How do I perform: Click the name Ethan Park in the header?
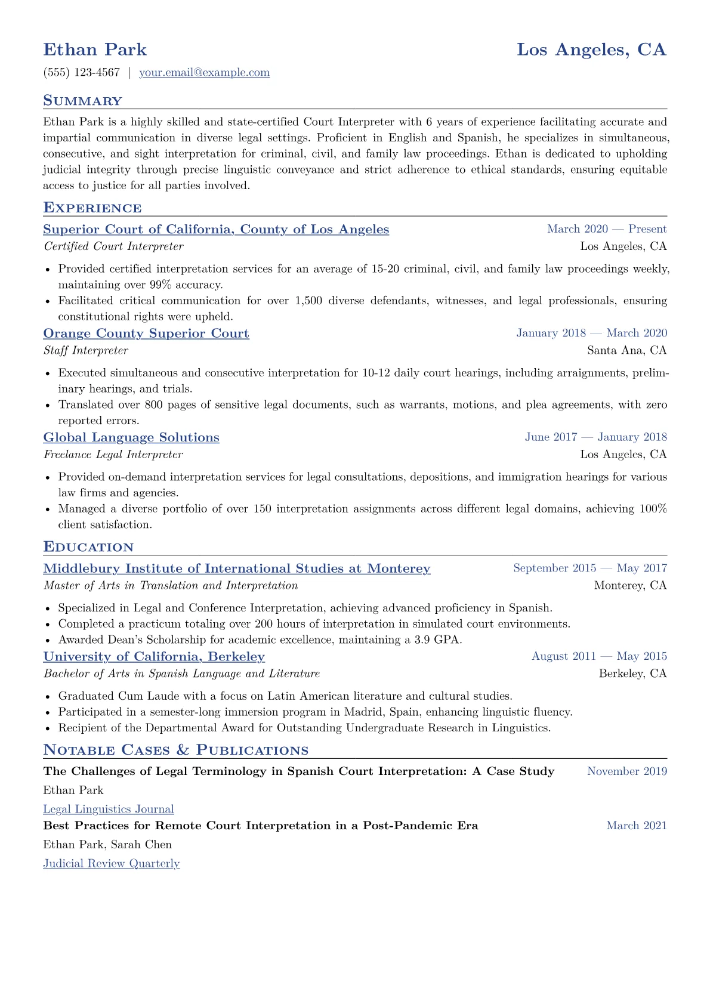click(x=95, y=50)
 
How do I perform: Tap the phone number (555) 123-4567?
click(x=82, y=73)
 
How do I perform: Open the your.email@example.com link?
click(x=204, y=73)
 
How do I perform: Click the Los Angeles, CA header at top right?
click(x=591, y=50)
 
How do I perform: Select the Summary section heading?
click(x=82, y=101)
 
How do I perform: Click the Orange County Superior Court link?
click(x=146, y=333)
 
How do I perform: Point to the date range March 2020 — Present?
click(x=607, y=229)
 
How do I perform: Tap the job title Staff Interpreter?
click(x=86, y=351)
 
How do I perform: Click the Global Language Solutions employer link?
click(x=131, y=437)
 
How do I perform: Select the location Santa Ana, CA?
click(x=626, y=351)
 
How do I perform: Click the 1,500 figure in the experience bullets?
click(x=309, y=301)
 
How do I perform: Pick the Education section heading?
click(x=88, y=547)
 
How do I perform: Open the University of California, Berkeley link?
click(x=154, y=657)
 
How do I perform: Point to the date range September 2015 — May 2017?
click(x=589, y=569)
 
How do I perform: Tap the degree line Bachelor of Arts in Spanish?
click(x=181, y=674)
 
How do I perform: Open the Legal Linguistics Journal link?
click(x=109, y=810)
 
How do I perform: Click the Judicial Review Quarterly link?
click(x=111, y=864)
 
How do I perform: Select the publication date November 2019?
click(x=626, y=771)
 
